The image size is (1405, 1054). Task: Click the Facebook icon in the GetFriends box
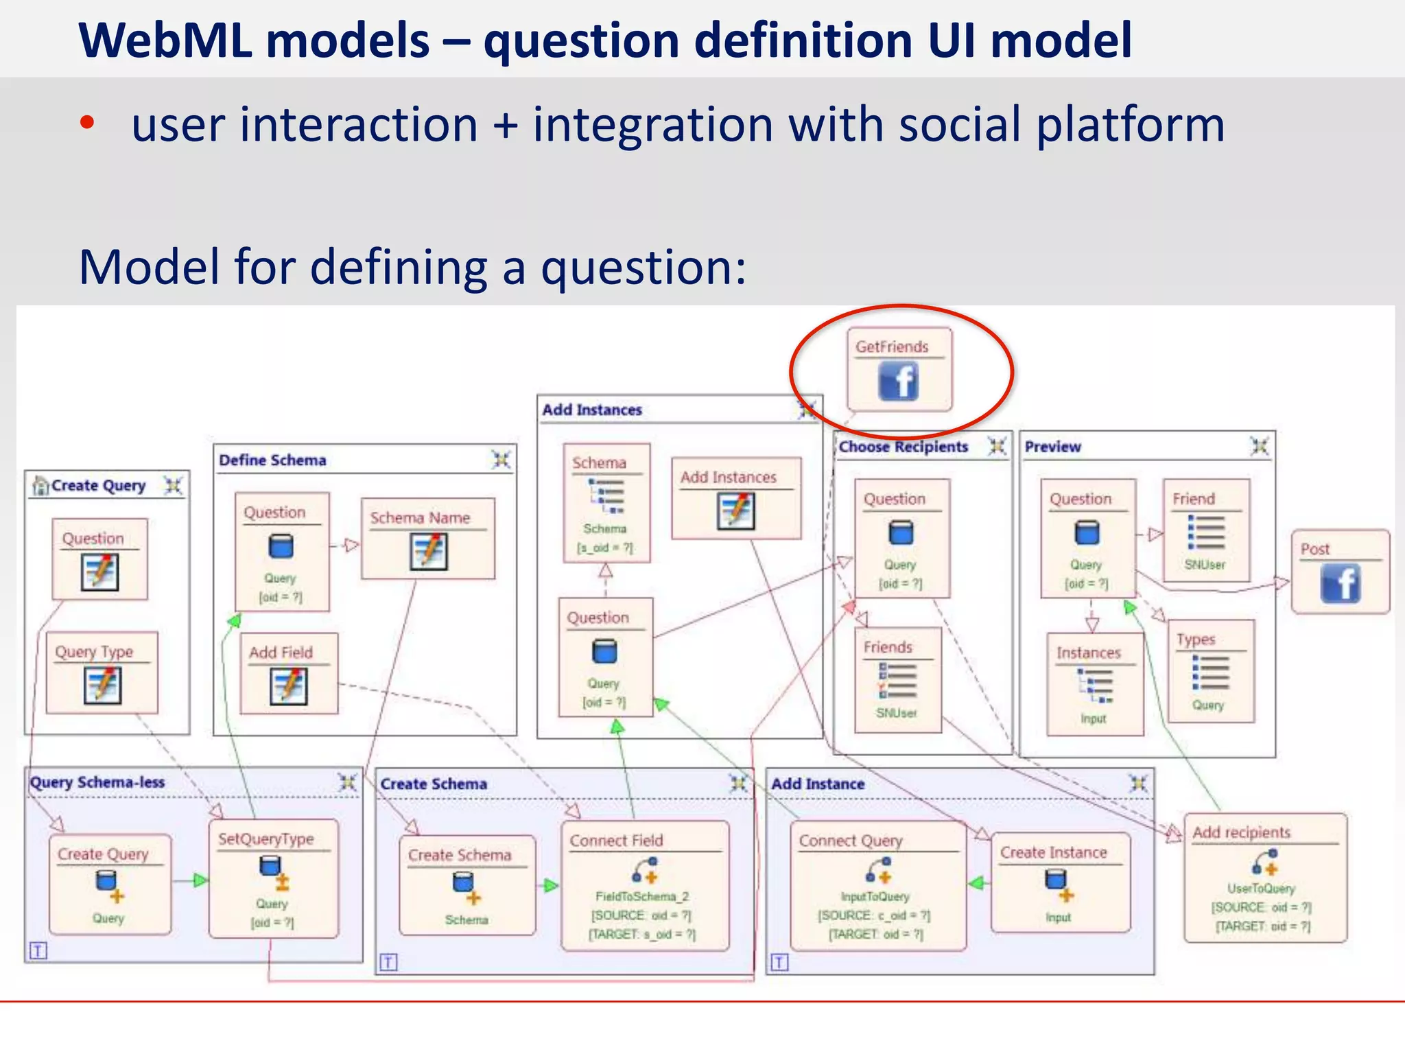coord(898,382)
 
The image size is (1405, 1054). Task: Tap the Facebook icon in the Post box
coord(1341,583)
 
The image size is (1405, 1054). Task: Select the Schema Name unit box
coord(428,539)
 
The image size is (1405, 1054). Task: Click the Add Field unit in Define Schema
coord(289,673)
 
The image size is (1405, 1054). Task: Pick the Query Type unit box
coord(102,672)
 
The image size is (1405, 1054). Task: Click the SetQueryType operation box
coord(273,878)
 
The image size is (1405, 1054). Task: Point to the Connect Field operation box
coord(645,885)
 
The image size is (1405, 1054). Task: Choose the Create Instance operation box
coord(1060,882)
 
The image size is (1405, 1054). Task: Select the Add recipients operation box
coord(1265,878)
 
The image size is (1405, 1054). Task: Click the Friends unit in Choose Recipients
coord(897,679)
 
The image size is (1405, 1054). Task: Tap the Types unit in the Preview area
coord(1211,671)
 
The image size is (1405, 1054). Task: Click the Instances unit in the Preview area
coord(1094,683)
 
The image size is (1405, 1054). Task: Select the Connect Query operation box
coord(877,885)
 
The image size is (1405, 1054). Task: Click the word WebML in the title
coord(165,40)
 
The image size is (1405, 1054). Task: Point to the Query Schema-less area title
coord(97,782)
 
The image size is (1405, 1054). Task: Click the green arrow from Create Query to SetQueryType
coord(199,880)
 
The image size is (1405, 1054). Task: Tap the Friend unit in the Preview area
coord(1206,530)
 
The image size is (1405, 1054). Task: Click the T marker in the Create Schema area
coord(388,962)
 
